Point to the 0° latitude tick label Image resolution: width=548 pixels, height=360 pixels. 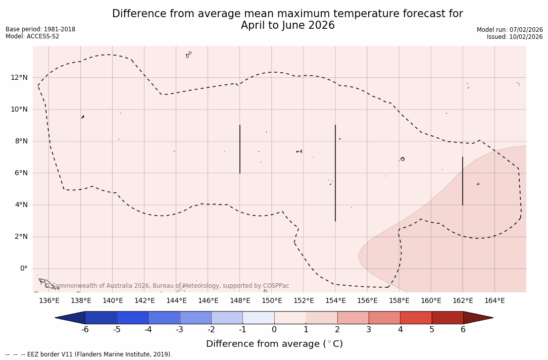click(23, 269)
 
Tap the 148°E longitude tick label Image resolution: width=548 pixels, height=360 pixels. click(240, 301)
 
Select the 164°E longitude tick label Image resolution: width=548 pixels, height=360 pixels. click(494, 301)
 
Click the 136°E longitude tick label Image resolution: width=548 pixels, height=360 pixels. click(49, 301)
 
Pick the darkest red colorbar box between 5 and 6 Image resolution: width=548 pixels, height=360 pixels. click(447, 318)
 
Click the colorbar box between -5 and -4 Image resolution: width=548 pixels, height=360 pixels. click(133, 318)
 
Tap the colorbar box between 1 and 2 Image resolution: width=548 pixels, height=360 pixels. click(322, 318)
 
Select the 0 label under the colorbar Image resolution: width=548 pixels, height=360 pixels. click(274, 330)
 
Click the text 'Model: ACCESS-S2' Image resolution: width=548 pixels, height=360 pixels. click(32, 36)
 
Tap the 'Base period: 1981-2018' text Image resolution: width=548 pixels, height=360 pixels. click(40, 29)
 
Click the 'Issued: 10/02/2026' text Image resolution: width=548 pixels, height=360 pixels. click(515, 37)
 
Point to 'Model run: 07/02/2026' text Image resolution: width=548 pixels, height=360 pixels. click(510, 30)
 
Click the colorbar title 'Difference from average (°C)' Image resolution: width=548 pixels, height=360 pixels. click(274, 344)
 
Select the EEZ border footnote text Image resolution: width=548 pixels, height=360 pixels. click(89, 354)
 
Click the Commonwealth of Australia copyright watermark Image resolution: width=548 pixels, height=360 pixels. click(167, 286)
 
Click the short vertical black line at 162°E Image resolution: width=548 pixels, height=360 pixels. click(463, 181)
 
